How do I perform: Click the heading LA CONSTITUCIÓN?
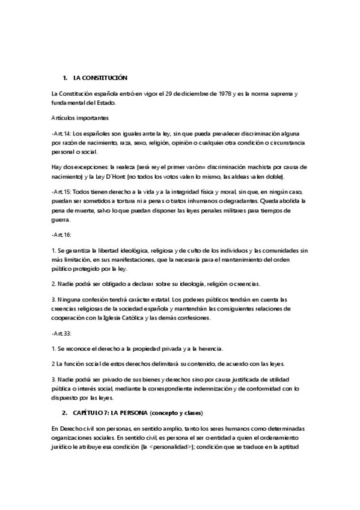pos(100,79)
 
